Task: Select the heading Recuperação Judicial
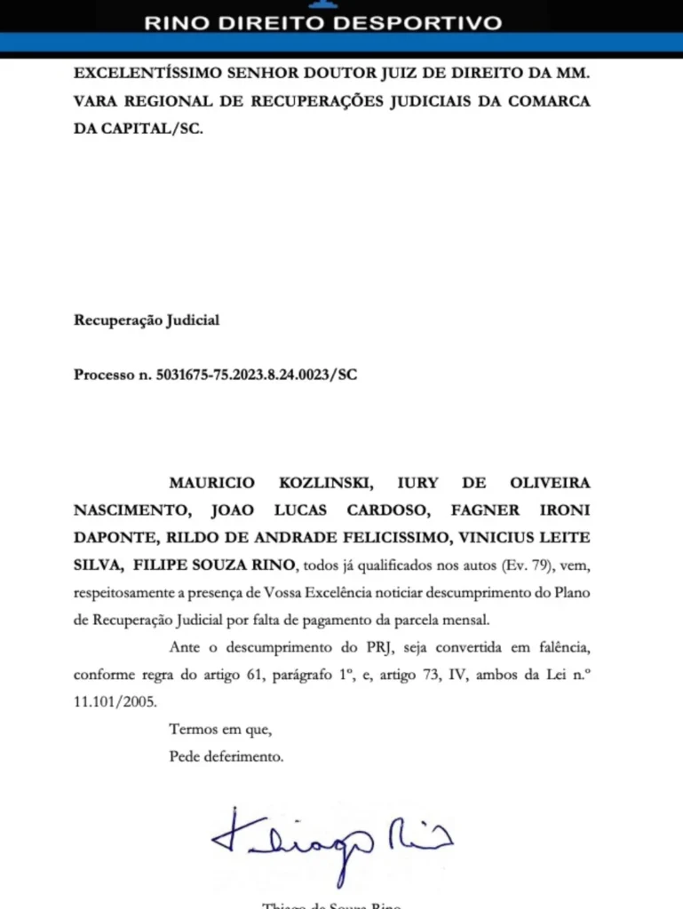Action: point(146,320)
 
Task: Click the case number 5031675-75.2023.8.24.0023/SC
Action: point(256,374)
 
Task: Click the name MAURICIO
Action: point(211,483)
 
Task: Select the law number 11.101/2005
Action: point(115,701)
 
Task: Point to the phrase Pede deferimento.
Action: point(226,757)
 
